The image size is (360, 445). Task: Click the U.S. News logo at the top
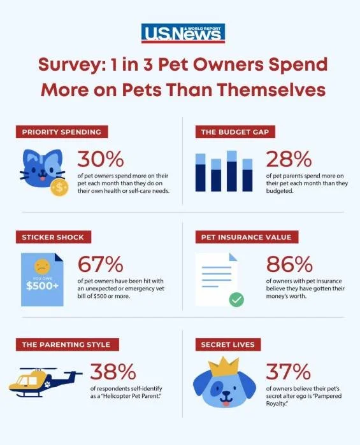(x=183, y=33)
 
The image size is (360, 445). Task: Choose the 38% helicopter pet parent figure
(x=111, y=372)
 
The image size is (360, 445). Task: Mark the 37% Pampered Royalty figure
(x=287, y=372)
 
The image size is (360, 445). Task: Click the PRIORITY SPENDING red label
(x=62, y=132)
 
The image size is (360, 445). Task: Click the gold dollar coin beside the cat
(x=59, y=187)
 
